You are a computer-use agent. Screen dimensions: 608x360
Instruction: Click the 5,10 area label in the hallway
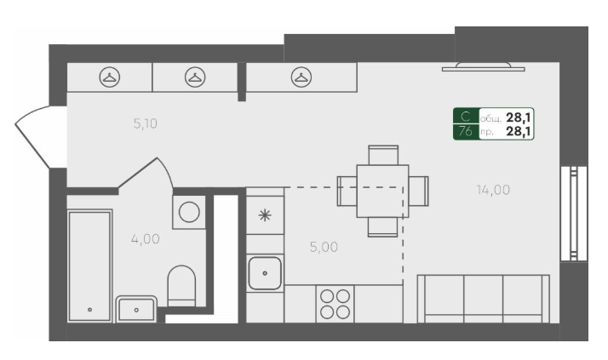[x=146, y=123]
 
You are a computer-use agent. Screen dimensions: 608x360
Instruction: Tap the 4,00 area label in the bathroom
[x=146, y=238]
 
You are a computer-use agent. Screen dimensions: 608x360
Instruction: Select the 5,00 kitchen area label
[x=324, y=247]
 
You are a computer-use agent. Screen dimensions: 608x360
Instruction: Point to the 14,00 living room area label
[x=493, y=190]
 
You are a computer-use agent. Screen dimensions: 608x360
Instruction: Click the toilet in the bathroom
[x=181, y=286]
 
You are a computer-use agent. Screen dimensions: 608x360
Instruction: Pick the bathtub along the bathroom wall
[x=89, y=266]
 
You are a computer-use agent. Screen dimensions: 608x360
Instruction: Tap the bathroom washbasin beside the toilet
[x=136, y=309]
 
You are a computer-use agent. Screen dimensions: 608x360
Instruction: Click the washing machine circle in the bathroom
[x=189, y=212]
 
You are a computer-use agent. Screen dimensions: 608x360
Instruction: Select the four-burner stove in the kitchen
[x=335, y=304]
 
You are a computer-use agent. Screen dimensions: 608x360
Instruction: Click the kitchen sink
[x=265, y=273]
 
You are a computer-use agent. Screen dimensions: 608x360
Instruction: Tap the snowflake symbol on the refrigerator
[x=265, y=215]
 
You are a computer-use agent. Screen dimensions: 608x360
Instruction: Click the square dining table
[x=382, y=191]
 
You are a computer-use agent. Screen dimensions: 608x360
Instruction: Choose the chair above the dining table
[x=383, y=155]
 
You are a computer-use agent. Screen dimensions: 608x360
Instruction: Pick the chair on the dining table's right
[x=418, y=191]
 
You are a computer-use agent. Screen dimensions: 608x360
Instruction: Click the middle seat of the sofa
[x=483, y=299]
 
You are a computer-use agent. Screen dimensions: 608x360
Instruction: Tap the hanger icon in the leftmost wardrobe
[x=110, y=77]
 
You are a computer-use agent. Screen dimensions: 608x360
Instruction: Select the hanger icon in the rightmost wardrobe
[x=301, y=77]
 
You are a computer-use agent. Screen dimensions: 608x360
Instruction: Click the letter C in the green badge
[x=466, y=117]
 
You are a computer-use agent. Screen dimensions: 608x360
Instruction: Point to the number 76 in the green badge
[x=466, y=131]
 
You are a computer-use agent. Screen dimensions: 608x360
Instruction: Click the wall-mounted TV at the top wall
[x=483, y=67]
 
